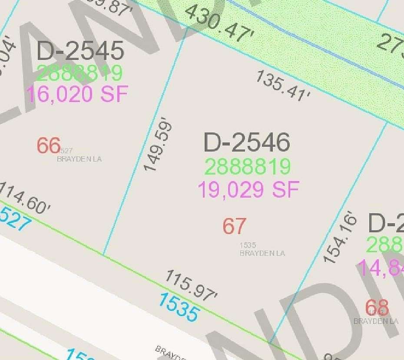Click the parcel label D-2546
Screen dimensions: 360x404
click(x=247, y=142)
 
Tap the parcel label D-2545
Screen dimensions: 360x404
click(x=80, y=51)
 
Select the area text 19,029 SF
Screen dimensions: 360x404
click(x=248, y=190)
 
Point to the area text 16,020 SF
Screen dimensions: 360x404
click(x=78, y=94)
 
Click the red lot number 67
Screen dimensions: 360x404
click(x=235, y=226)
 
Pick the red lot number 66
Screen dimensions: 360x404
click(x=48, y=145)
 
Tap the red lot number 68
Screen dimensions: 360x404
click(x=377, y=308)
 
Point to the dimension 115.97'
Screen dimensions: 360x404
click(x=191, y=286)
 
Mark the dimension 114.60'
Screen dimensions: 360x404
click(x=25, y=199)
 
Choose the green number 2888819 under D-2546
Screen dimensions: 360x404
click(x=247, y=167)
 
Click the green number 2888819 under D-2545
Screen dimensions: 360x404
click(x=79, y=73)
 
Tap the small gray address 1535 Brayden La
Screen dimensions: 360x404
click(x=262, y=249)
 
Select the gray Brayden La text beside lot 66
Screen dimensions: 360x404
click(x=79, y=159)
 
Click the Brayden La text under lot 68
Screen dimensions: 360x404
click(x=376, y=321)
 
